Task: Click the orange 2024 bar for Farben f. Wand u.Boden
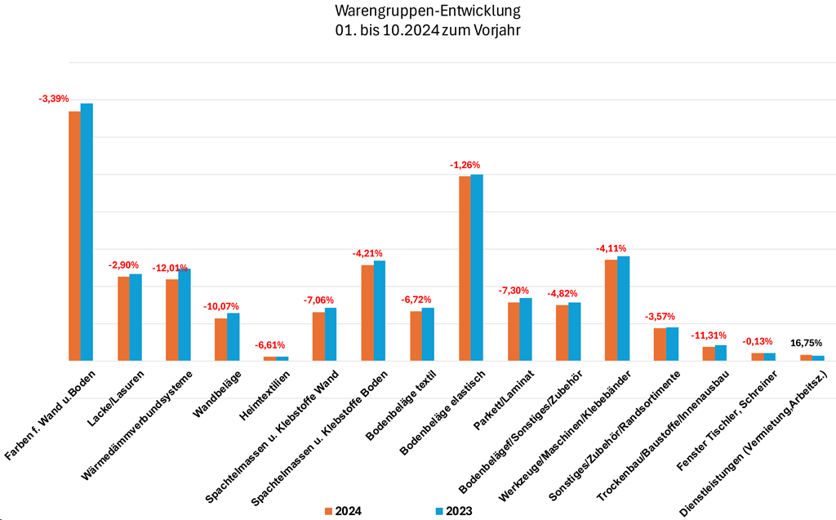pyautogui.click(x=74, y=236)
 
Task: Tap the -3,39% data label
pyautogui.click(x=55, y=99)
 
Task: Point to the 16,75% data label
pyautogui.click(x=807, y=343)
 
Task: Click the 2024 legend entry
pyautogui.click(x=342, y=511)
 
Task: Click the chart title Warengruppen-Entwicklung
pyautogui.click(x=427, y=12)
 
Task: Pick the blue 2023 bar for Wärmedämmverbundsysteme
pyautogui.click(x=185, y=314)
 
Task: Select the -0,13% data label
pyautogui.click(x=758, y=342)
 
